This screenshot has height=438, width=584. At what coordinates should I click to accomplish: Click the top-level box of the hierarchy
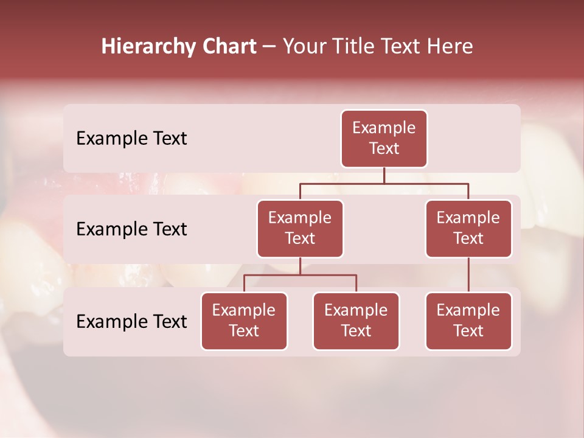[x=384, y=139]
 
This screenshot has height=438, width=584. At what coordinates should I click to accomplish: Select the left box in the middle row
[x=300, y=229]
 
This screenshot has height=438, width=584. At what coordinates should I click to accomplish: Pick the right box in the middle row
[x=468, y=229]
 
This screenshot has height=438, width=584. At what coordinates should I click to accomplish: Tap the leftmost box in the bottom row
[x=244, y=321]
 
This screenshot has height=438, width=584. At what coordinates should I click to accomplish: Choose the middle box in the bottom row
[x=356, y=321]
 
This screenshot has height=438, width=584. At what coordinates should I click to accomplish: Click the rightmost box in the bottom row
[x=468, y=321]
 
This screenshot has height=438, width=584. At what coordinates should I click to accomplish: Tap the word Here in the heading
[x=451, y=46]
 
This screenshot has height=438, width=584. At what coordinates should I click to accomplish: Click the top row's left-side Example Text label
[x=131, y=139]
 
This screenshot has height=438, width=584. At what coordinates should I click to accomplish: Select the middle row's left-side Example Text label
[x=131, y=229]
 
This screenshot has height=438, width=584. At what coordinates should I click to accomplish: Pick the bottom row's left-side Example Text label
[x=131, y=322]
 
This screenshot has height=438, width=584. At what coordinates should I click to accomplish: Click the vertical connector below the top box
[x=384, y=175]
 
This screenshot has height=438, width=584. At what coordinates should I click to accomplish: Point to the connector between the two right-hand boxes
[x=468, y=275]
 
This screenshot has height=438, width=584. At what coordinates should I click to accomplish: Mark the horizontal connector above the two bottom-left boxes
[x=300, y=275]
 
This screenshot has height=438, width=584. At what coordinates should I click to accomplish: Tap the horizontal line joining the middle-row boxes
[x=384, y=183]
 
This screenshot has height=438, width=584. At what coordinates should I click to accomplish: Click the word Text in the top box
[x=384, y=148]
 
